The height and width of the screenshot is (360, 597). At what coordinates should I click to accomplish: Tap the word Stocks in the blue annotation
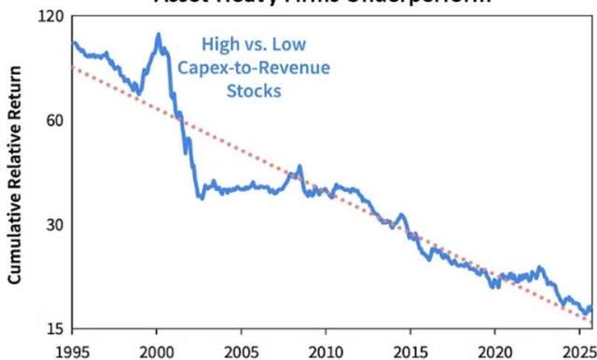click(254, 90)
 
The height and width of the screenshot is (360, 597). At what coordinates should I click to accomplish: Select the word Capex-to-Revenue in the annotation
click(254, 67)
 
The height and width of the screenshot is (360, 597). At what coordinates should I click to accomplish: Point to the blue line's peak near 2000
click(158, 35)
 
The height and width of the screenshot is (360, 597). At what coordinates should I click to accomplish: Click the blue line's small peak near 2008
click(299, 167)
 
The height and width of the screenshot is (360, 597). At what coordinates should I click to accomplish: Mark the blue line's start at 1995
click(73, 42)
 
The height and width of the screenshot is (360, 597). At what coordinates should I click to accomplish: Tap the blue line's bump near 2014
click(401, 215)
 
